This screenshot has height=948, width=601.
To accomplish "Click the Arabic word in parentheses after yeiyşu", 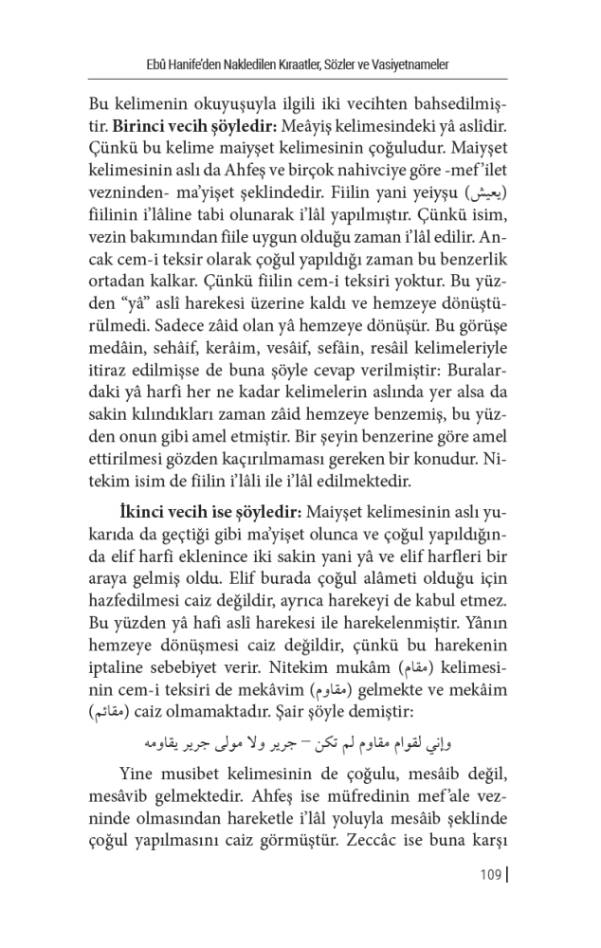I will coord(489,195).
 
